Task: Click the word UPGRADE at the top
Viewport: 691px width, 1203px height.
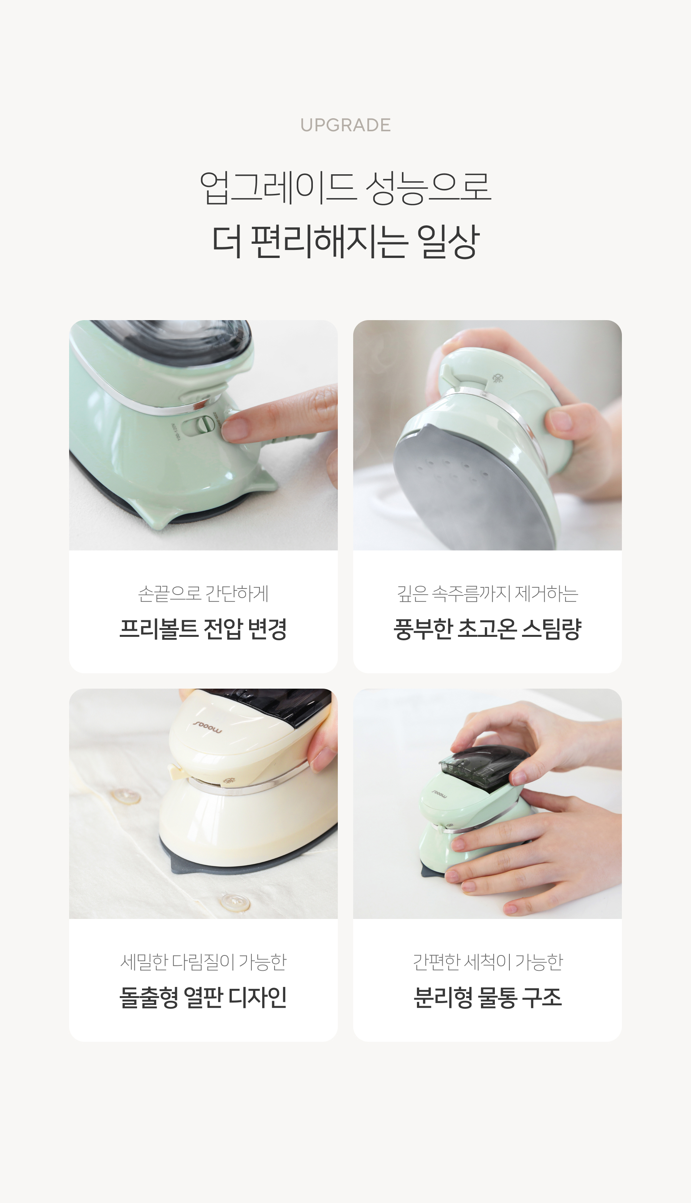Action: click(345, 125)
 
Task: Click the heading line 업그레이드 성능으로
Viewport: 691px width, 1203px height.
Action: click(345, 187)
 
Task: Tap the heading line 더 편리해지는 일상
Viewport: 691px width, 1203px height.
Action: click(345, 241)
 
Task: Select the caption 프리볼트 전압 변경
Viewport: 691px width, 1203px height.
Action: click(203, 629)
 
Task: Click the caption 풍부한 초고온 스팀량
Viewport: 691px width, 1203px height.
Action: click(488, 629)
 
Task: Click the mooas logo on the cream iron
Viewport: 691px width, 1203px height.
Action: click(207, 727)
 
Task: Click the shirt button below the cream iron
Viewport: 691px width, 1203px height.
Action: click(234, 902)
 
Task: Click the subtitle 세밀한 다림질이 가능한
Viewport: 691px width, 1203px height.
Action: click(203, 962)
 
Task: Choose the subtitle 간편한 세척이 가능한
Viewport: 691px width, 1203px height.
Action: click(488, 962)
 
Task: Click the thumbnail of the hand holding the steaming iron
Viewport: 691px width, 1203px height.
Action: click(488, 435)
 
